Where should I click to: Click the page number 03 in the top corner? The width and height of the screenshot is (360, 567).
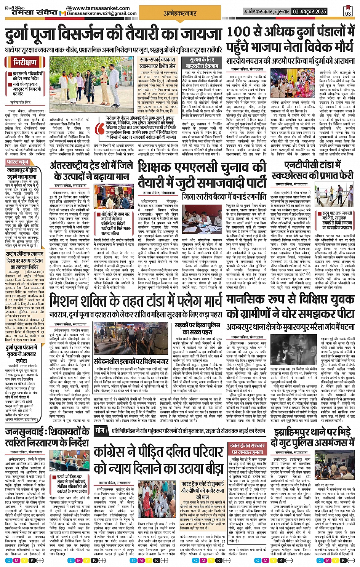tap(348, 11)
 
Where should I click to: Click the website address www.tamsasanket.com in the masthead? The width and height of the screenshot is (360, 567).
tap(98, 8)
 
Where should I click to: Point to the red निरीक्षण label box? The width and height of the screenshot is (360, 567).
tap(25, 62)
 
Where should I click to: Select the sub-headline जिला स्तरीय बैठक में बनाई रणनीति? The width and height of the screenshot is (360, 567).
tap(224, 197)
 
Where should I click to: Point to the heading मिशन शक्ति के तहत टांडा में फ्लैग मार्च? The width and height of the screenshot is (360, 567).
tap(135, 301)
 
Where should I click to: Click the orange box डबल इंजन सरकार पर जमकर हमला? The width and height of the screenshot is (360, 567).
tap(247, 449)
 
